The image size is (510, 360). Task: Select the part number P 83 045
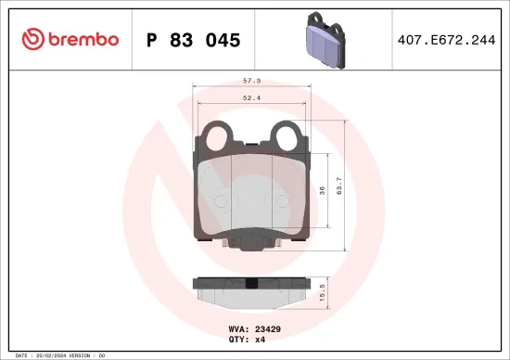[194, 40]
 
